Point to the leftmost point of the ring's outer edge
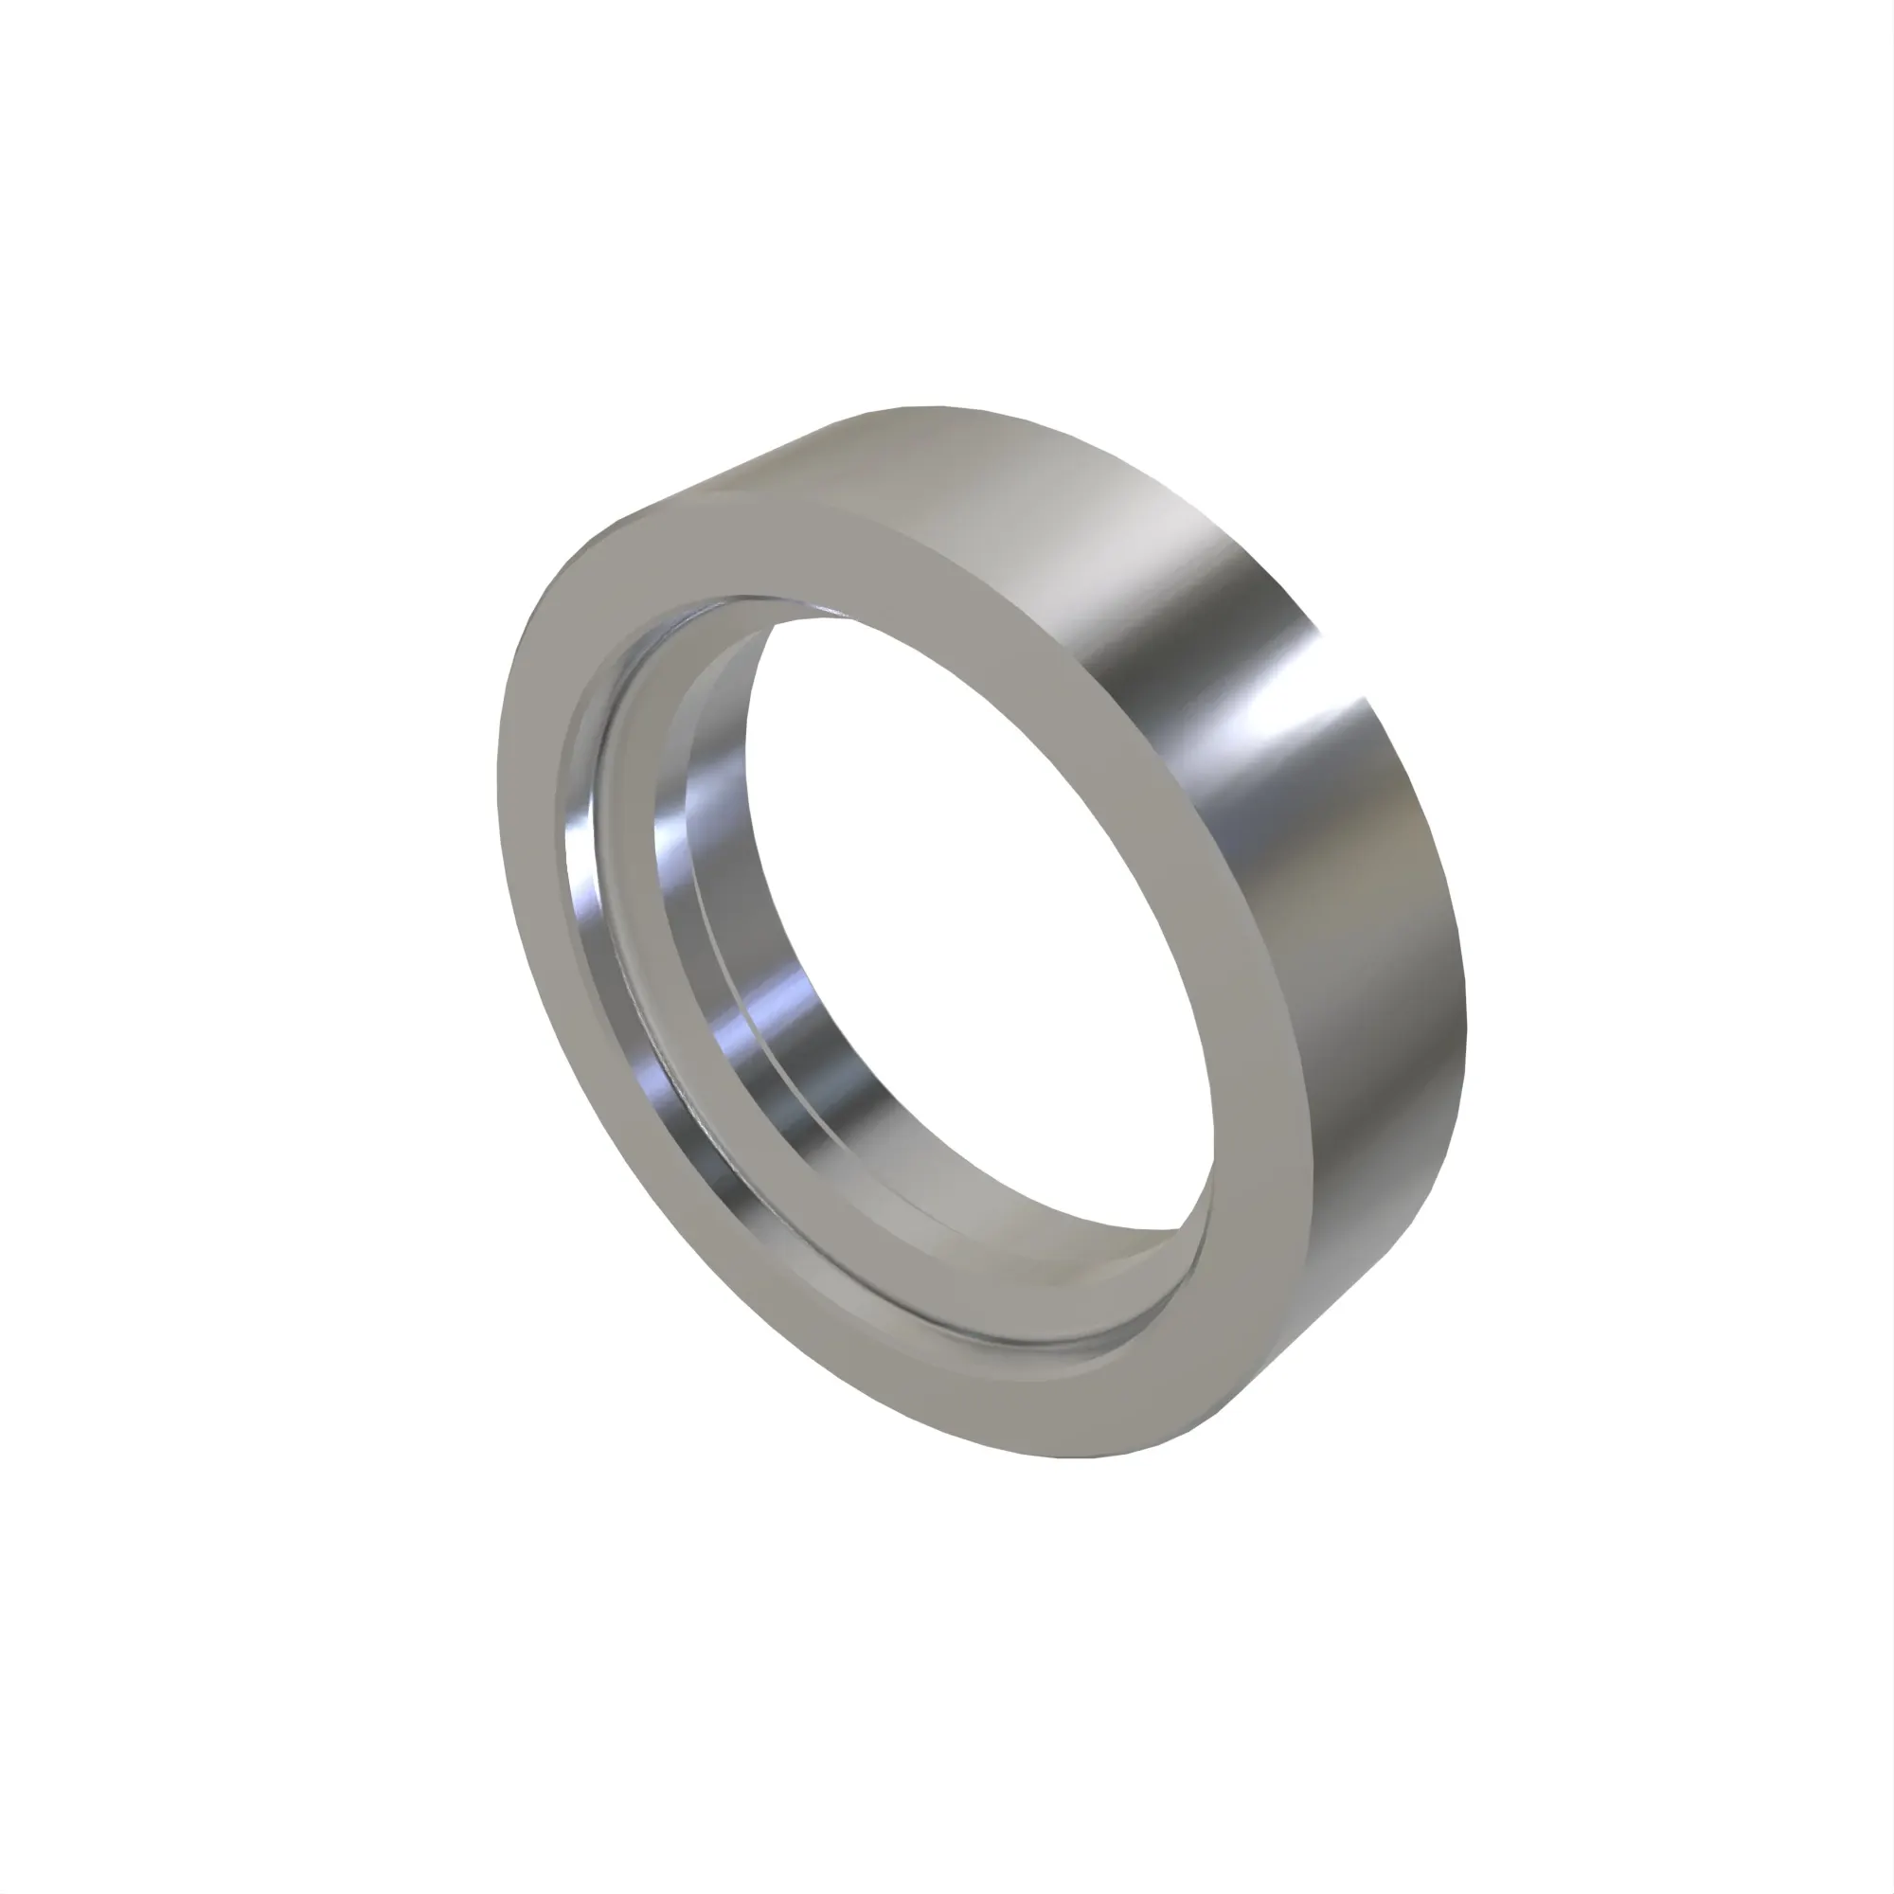(499, 784)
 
